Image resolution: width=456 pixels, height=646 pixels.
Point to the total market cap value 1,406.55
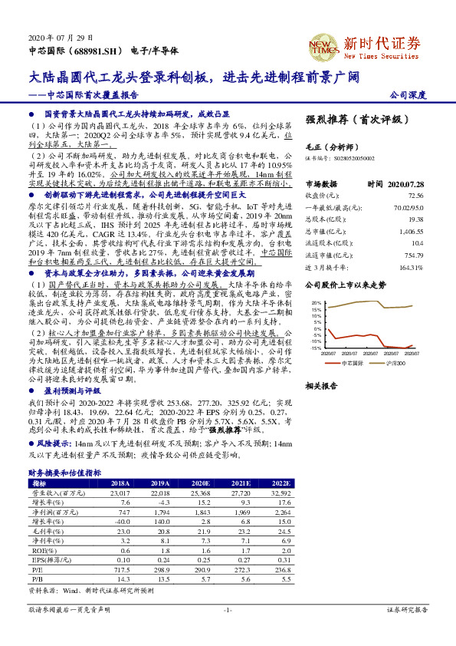[x=412, y=231]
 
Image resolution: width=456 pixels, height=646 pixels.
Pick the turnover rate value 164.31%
[x=412, y=268]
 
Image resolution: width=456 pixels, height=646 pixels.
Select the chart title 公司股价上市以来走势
[x=345, y=285]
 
